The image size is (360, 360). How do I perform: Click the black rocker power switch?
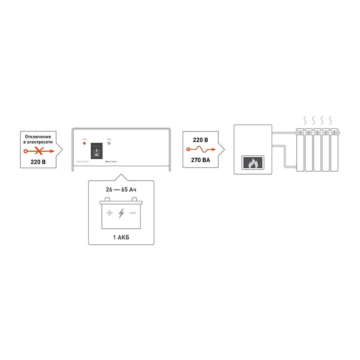tap(96, 150)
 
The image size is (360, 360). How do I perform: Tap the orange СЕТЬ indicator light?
tap(84, 143)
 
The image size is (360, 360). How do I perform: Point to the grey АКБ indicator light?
tap(109, 143)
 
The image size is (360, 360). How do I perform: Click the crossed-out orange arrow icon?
tap(39, 151)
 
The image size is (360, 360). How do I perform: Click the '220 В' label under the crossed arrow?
tap(38, 162)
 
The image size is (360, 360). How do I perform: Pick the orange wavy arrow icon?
tap(201, 150)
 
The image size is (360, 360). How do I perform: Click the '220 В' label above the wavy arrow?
tap(200, 140)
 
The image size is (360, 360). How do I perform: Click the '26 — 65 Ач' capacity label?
tap(121, 190)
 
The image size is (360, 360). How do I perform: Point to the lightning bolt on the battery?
tap(121, 213)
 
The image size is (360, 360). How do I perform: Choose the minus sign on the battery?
tap(133, 213)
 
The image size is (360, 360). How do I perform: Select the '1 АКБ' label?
tap(121, 237)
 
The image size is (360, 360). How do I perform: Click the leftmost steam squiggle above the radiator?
tap(305, 120)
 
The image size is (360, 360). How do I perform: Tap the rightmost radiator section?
tap(335, 150)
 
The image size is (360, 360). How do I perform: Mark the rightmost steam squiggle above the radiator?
tap(330, 120)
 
